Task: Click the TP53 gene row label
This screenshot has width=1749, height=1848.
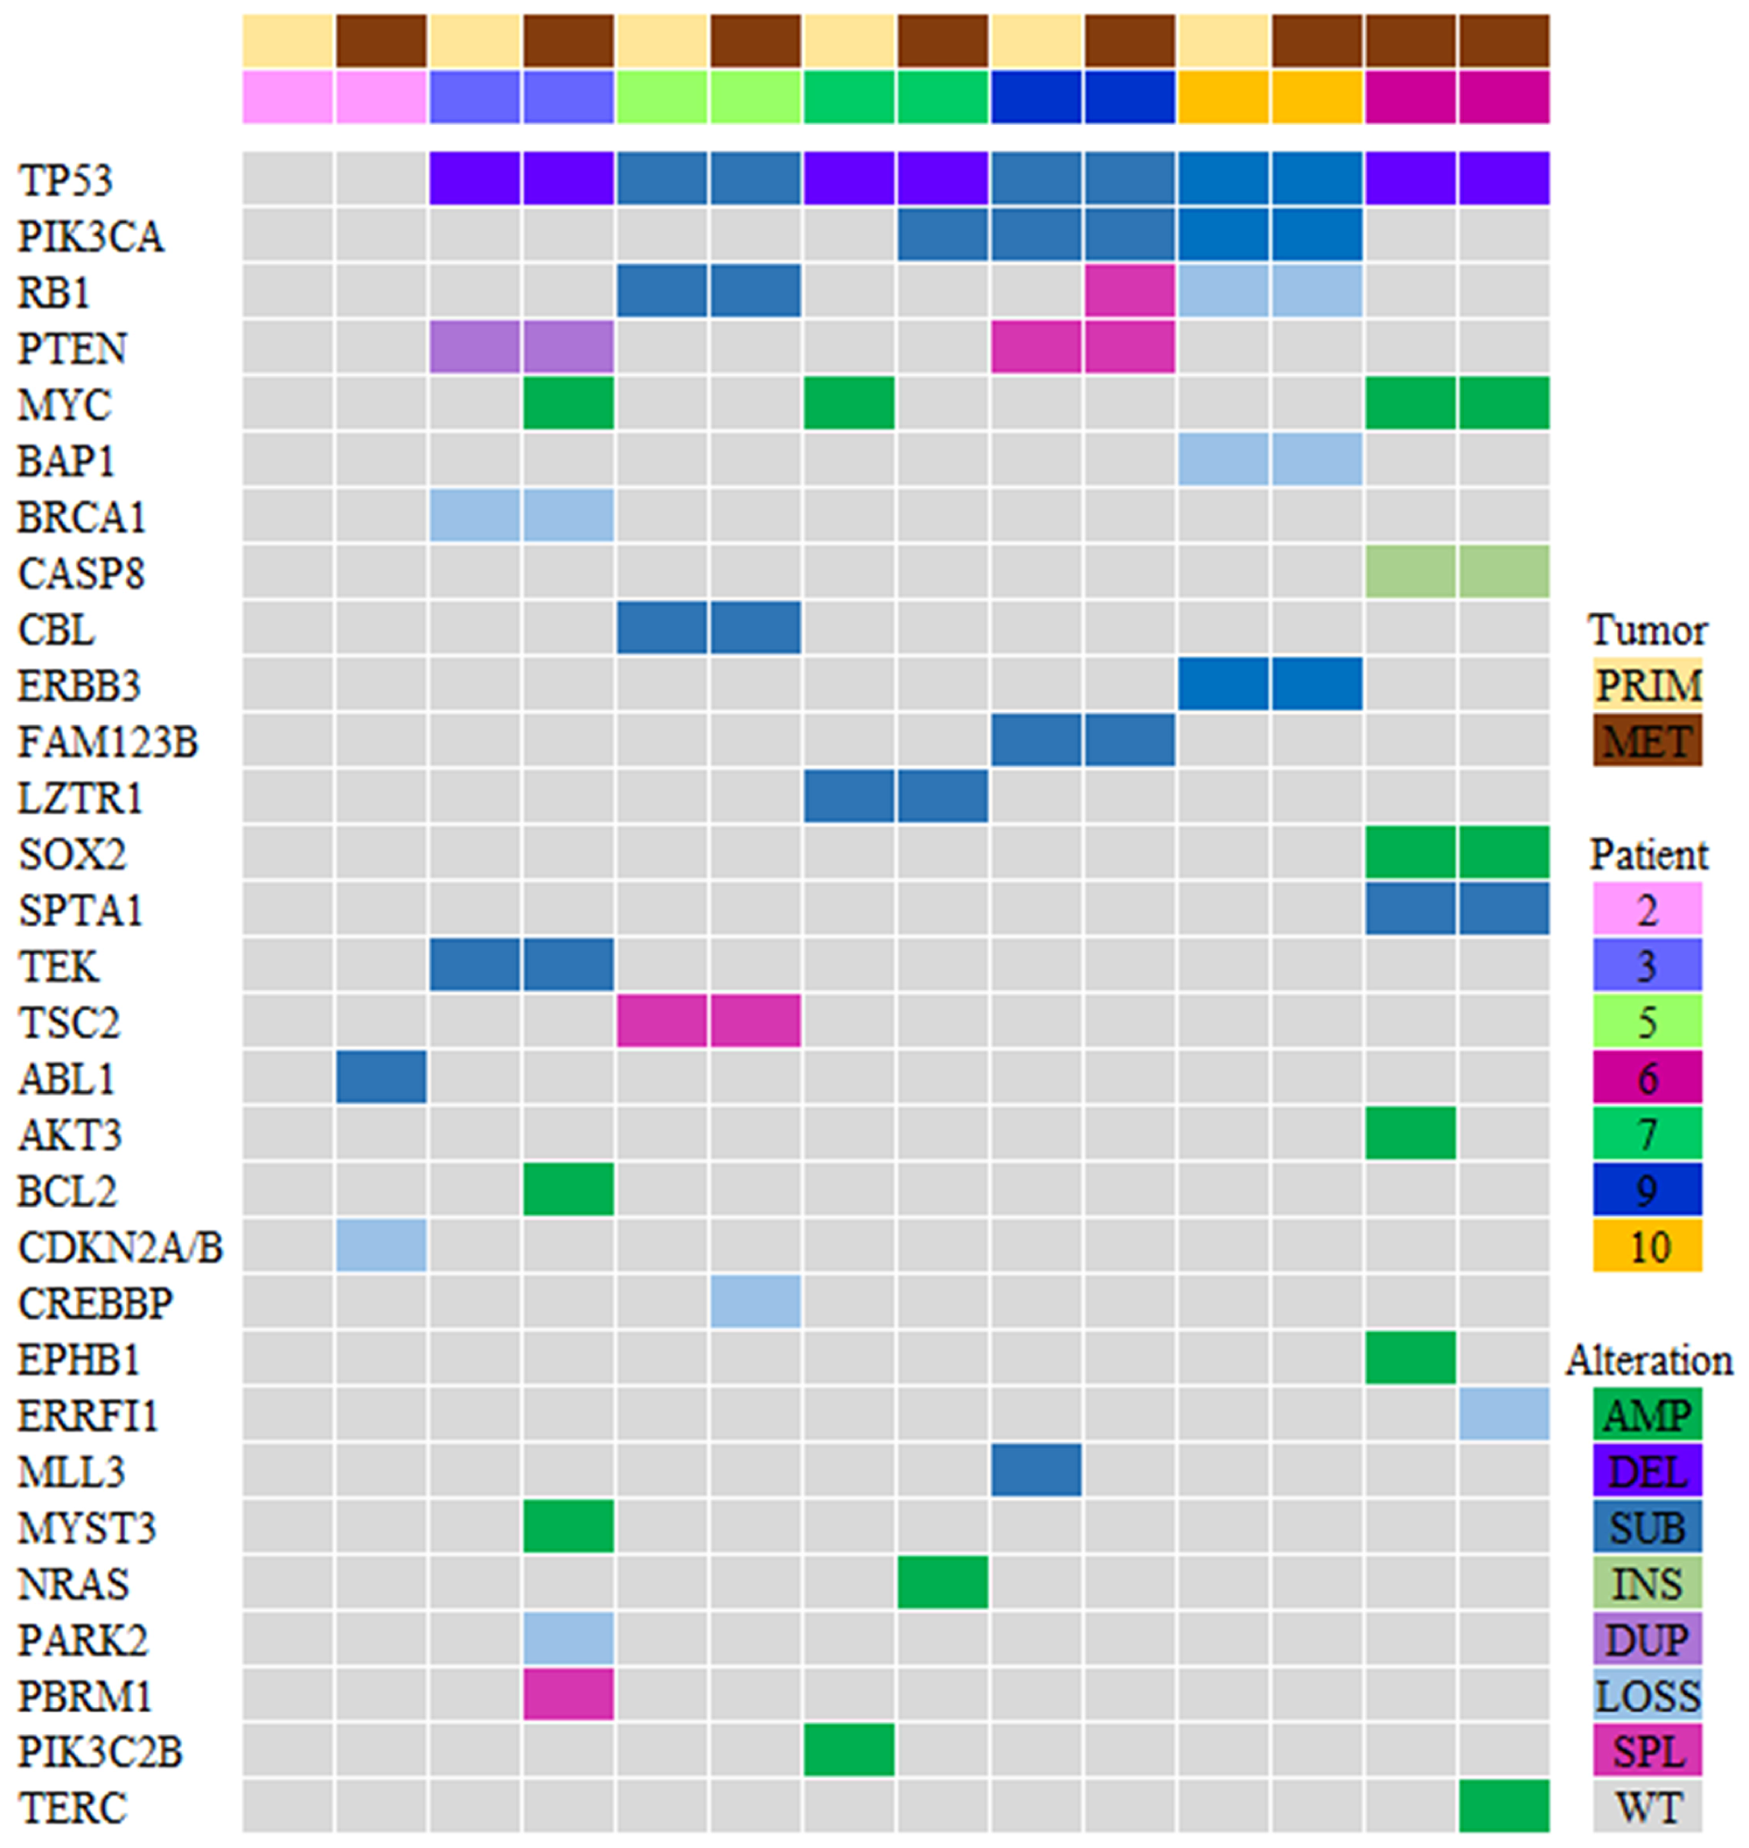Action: point(66,180)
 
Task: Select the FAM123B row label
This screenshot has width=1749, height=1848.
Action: point(108,743)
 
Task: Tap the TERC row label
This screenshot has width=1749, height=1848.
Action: point(73,1808)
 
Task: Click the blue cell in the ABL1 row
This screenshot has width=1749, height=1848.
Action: point(381,1077)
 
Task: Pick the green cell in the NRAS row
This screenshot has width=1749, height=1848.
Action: point(943,1582)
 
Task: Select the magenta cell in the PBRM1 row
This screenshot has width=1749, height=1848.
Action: point(568,1695)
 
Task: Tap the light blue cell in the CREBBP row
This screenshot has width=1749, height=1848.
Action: point(756,1301)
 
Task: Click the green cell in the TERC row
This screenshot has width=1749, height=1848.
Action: point(1504,1806)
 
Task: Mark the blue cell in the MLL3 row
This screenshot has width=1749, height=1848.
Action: point(1035,1470)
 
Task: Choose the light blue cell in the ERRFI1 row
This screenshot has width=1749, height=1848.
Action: point(1504,1414)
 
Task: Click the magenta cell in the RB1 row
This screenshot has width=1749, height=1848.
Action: point(1129,291)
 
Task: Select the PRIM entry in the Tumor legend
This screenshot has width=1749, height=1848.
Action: point(1648,686)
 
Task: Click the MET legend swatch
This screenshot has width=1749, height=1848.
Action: point(1648,742)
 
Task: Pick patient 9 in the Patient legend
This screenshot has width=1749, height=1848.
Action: point(1648,1189)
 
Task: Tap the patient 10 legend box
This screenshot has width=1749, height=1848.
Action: point(1648,1246)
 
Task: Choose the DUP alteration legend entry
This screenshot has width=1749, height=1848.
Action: point(1648,1639)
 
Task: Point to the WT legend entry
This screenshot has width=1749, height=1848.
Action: point(1648,1807)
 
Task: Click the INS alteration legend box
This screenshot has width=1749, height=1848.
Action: point(1648,1583)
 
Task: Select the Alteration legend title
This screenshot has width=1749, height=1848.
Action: point(1648,1360)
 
